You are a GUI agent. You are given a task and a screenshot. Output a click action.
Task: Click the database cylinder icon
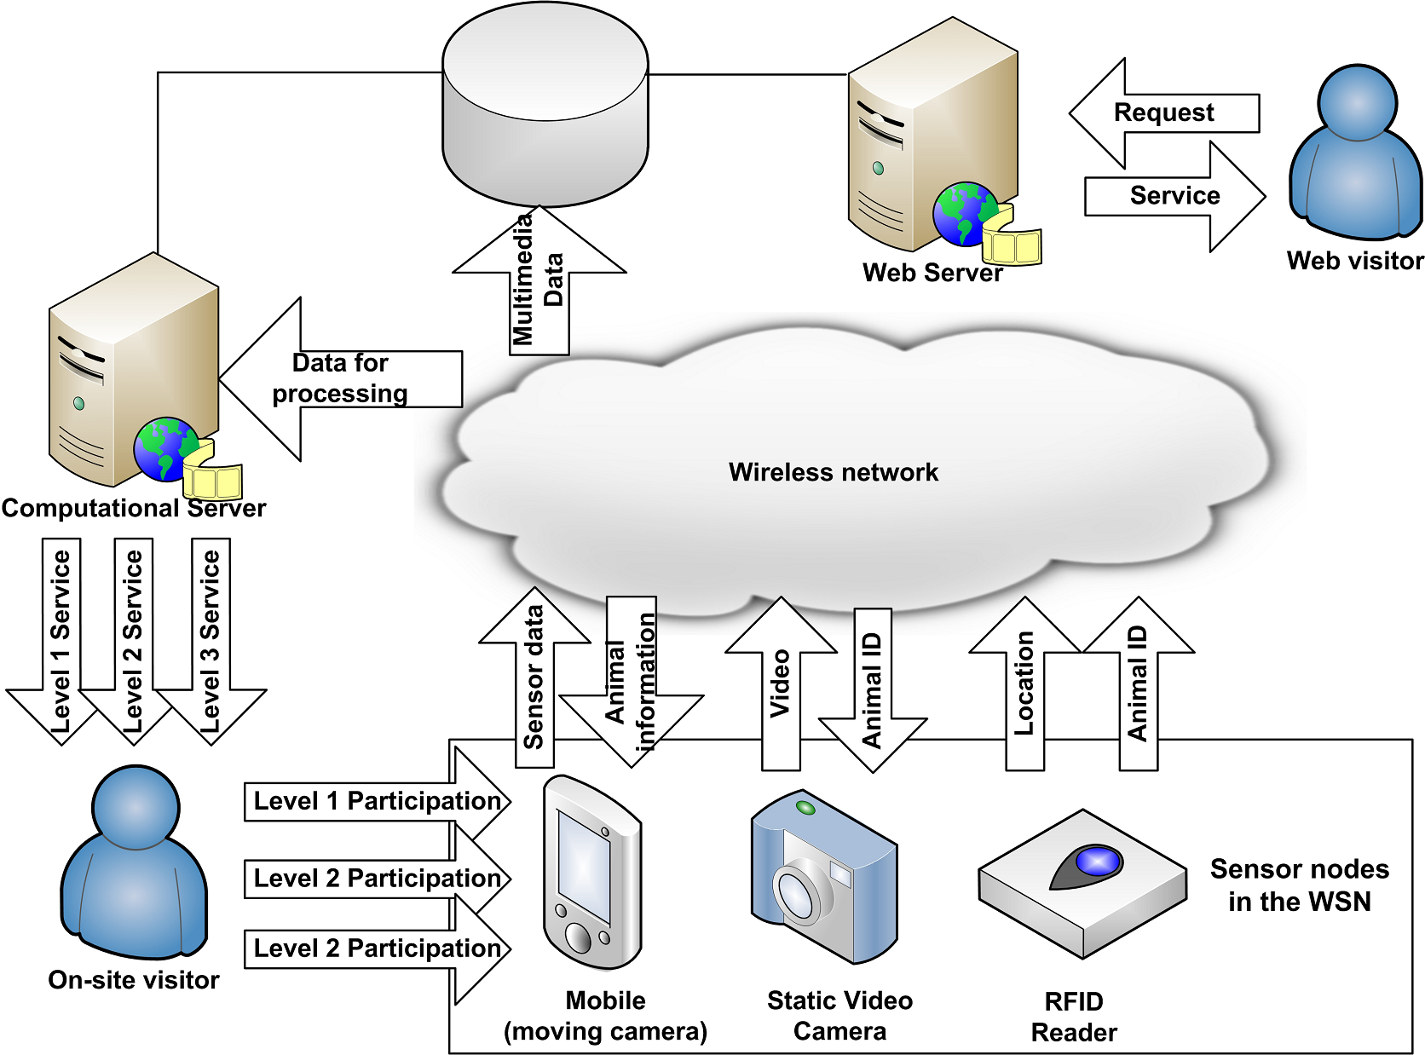coord(545,107)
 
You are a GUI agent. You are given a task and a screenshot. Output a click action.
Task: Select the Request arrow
coord(1163,112)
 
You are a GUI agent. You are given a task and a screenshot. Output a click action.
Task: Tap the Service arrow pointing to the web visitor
coord(1174,196)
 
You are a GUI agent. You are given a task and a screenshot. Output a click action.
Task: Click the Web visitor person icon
coord(1355,153)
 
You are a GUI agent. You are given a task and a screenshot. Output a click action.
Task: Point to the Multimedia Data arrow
coord(539,281)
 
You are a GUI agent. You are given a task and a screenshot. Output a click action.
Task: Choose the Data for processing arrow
coord(341,379)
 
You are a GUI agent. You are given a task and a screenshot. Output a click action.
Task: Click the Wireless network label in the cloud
coord(833,472)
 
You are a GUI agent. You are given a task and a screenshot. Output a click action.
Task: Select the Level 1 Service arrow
coord(61,639)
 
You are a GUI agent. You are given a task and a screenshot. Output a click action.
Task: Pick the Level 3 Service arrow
coord(211,639)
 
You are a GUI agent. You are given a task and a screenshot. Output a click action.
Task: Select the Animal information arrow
coord(631,682)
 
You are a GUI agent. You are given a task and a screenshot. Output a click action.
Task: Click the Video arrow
coord(781,682)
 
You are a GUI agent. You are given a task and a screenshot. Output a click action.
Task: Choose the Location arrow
coord(1024,682)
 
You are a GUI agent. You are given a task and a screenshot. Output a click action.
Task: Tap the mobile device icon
coord(592,873)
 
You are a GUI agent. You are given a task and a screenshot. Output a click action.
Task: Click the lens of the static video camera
coord(798,891)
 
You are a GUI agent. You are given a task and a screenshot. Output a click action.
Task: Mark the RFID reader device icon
coord(1082,882)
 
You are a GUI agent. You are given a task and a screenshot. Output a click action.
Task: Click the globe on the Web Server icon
coord(965,214)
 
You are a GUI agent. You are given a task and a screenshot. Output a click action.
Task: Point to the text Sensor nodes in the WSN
coord(1299,885)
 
